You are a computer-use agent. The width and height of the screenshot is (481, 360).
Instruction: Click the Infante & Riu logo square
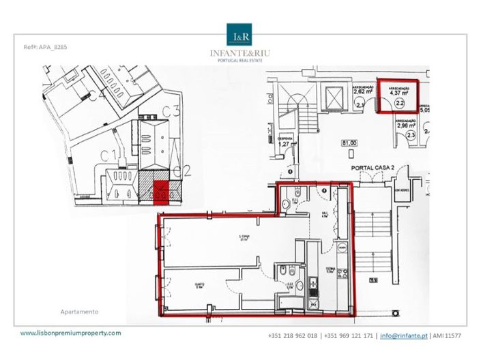point(240,35)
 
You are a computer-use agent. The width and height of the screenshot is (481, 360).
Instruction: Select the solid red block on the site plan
point(159,194)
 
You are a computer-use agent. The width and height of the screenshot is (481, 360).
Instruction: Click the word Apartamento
point(80,312)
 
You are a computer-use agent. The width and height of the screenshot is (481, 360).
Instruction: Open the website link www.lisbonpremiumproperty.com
point(71,333)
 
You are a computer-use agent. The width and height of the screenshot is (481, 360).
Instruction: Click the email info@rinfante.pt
point(403,336)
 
